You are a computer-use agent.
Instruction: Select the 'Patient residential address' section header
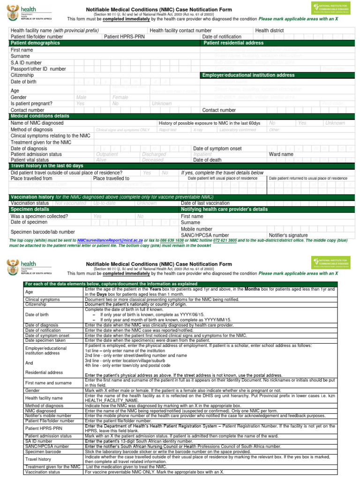click(233, 43)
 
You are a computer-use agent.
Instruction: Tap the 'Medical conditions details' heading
click(40, 116)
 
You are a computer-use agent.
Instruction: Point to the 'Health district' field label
click(269, 30)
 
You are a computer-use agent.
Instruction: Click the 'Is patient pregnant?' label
click(31, 104)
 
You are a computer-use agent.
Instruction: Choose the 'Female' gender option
click(120, 97)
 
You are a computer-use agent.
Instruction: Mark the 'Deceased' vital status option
click(153, 160)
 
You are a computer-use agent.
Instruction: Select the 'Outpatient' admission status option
click(107, 154)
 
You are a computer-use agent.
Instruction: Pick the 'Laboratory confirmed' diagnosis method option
click(238, 130)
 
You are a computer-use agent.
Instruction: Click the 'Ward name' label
click(281, 154)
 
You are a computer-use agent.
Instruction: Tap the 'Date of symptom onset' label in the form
click(217, 149)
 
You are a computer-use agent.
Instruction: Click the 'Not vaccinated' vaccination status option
click(71, 203)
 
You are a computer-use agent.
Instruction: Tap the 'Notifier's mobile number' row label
click(48, 415)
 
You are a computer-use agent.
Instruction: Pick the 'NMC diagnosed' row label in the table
click(41, 411)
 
